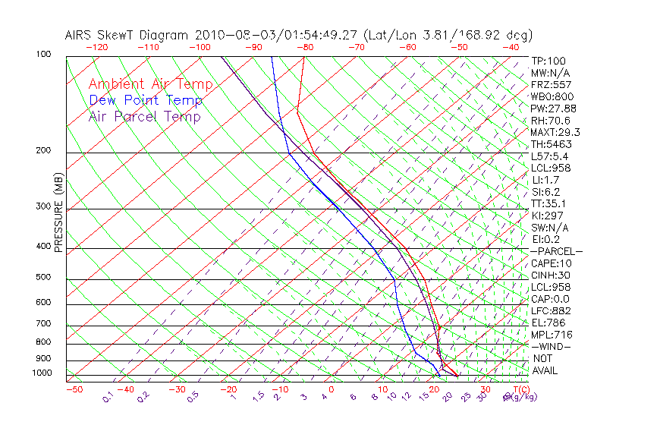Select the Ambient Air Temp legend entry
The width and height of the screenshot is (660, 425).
click(x=150, y=84)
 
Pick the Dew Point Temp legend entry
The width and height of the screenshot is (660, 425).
click(x=145, y=100)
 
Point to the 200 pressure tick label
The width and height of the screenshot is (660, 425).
click(x=43, y=150)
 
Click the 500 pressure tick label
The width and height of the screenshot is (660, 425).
click(x=43, y=278)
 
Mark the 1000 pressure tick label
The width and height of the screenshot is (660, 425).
click(x=41, y=373)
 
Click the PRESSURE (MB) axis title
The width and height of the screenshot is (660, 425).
click(x=58, y=212)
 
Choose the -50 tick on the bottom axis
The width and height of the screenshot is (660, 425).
click(x=74, y=389)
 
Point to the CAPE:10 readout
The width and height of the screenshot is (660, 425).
click(x=552, y=263)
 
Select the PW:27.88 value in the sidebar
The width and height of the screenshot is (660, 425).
click(x=553, y=109)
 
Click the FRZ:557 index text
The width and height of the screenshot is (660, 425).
click(x=552, y=85)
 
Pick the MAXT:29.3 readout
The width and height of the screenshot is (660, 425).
click(x=555, y=133)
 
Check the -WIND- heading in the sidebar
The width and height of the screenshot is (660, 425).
click(x=552, y=346)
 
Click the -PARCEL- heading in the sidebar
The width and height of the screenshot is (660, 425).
click(x=556, y=251)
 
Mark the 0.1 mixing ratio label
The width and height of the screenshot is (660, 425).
click(x=108, y=395)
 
